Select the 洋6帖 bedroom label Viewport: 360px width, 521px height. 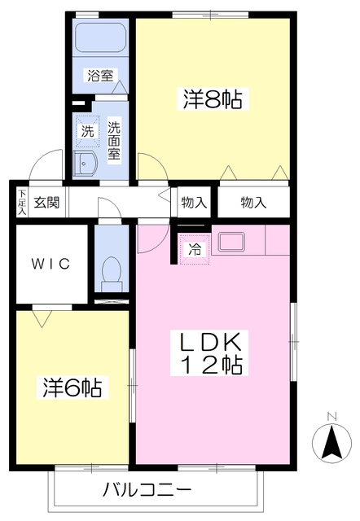click(72, 387)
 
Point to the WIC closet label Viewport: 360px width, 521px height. click(51, 264)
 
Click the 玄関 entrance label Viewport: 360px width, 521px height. click(46, 203)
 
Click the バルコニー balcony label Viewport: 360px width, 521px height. click(147, 491)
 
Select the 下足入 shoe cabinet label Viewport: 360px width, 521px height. click(21, 203)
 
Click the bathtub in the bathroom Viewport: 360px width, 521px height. click(100, 39)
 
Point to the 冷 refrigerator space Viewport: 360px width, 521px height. click(195, 249)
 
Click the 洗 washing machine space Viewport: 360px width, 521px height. click(86, 130)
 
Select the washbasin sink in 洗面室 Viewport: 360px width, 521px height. click(85, 164)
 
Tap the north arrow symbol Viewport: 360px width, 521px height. click(331, 444)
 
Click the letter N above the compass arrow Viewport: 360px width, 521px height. click(331, 418)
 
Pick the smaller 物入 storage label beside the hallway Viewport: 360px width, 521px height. click(194, 203)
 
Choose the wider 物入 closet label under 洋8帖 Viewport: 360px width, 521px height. click(253, 203)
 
